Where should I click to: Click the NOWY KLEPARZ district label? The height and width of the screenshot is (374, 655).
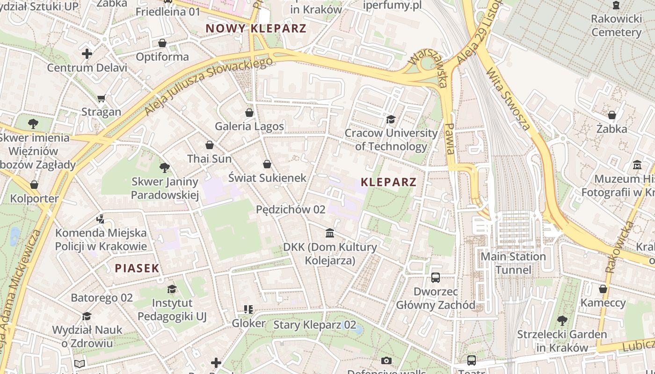point(256,28)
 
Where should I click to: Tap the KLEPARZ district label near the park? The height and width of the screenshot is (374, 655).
point(388,182)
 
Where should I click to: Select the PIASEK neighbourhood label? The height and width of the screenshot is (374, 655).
point(137,268)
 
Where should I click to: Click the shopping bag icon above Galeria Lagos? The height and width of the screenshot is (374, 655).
point(249,113)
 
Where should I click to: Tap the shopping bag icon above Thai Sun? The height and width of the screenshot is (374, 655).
point(210,145)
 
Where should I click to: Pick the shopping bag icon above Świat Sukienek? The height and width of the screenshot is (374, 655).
point(267,164)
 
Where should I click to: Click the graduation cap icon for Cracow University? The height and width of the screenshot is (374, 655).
point(391,120)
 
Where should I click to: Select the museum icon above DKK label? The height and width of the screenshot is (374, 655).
point(330,233)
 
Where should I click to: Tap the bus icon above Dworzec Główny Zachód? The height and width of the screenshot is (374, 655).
point(436,277)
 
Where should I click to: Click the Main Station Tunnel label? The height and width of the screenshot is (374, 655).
point(513,263)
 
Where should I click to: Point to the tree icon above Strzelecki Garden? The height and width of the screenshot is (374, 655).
point(562,321)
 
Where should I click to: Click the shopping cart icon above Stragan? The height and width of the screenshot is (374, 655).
point(102,98)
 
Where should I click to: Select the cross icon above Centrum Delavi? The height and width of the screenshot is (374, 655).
point(87,54)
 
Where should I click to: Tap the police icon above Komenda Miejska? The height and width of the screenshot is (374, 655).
point(100,218)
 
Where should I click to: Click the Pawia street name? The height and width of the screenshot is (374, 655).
point(450,139)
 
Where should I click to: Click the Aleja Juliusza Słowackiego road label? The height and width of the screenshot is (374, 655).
point(208,86)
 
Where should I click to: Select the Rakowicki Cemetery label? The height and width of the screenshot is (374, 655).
point(616,26)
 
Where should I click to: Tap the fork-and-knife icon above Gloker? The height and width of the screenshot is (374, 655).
point(248,309)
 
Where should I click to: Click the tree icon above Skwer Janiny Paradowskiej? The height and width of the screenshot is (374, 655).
point(164,167)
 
